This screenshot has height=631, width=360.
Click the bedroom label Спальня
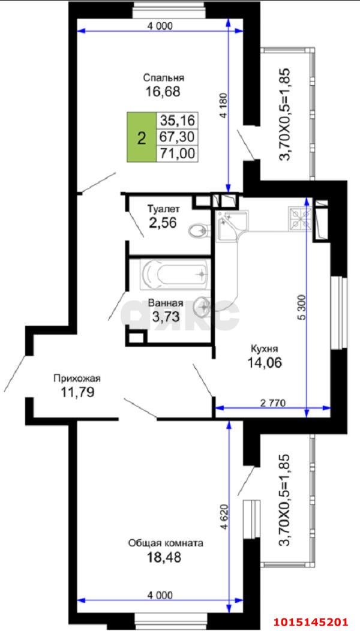click(x=163, y=77)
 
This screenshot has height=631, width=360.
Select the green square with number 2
click(x=141, y=137)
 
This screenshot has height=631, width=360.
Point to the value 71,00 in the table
click(x=178, y=153)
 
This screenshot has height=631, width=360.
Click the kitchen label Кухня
click(x=264, y=348)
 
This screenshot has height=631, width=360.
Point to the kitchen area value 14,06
click(x=264, y=362)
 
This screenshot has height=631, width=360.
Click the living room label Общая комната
click(x=165, y=543)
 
